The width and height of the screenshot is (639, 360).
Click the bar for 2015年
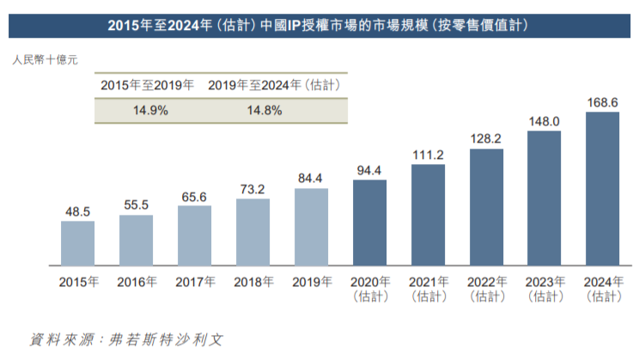point(77,242)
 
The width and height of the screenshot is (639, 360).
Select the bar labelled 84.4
point(311,227)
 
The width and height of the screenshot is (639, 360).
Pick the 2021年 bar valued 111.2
point(428,214)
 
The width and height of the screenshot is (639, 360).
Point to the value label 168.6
point(603,103)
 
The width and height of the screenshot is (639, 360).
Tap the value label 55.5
point(136,205)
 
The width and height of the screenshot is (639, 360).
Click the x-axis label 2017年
point(194,281)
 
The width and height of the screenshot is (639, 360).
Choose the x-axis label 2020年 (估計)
point(369,288)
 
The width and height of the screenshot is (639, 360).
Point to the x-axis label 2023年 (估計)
point(545,288)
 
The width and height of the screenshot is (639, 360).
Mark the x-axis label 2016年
point(136,281)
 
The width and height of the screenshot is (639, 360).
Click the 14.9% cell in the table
point(150,111)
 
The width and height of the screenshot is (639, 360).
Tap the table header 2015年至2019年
point(147,85)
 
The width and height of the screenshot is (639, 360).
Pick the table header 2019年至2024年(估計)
point(276,85)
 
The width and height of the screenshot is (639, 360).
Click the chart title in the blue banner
point(319,26)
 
